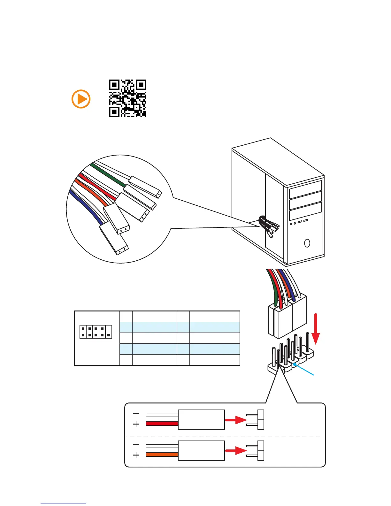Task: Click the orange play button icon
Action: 81,99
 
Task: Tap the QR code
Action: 127,98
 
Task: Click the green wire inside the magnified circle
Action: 109,175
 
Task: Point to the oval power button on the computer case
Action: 307,243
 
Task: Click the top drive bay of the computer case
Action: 305,190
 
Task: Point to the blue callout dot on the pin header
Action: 295,364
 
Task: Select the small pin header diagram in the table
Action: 96,332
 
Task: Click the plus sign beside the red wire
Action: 136,424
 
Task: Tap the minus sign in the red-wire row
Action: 136,413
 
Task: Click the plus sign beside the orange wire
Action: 136,455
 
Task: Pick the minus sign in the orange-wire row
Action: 136,444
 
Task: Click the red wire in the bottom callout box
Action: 162,424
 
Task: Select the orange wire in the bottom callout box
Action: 162,455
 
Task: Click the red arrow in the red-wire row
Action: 236,420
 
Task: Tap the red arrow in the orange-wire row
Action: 236,451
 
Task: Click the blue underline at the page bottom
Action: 63,503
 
